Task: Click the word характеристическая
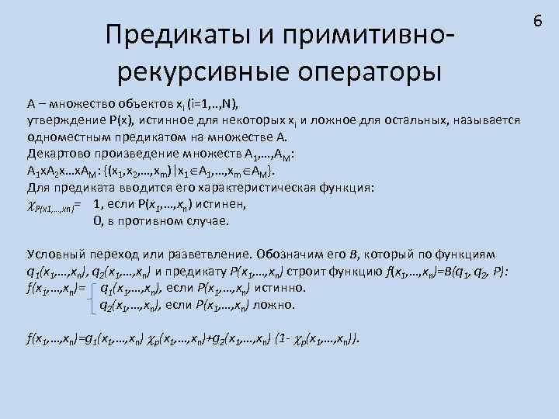pyautogui.click(x=271, y=187)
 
